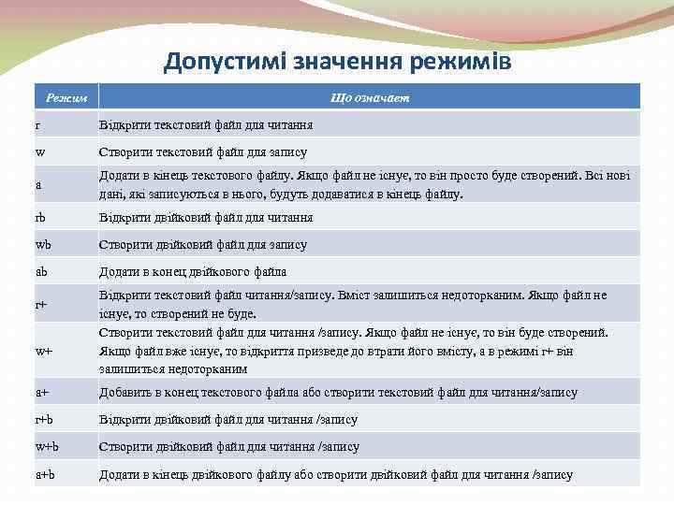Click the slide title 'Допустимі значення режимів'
click(337, 62)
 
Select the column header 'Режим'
click(67, 97)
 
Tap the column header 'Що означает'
click(370, 97)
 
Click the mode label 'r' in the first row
click(37, 124)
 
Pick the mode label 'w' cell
click(39, 151)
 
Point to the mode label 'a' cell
click(38, 185)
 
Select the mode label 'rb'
click(41, 218)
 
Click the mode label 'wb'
click(43, 245)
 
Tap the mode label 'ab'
click(41, 272)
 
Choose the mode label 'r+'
click(41, 305)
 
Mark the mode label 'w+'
click(43, 352)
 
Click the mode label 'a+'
click(42, 393)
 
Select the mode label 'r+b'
click(45, 420)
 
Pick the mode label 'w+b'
click(47, 447)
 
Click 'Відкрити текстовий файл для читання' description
click(206, 124)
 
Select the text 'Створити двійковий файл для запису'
click(203, 245)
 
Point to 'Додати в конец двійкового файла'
click(193, 272)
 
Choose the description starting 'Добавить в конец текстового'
click(338, 393)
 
